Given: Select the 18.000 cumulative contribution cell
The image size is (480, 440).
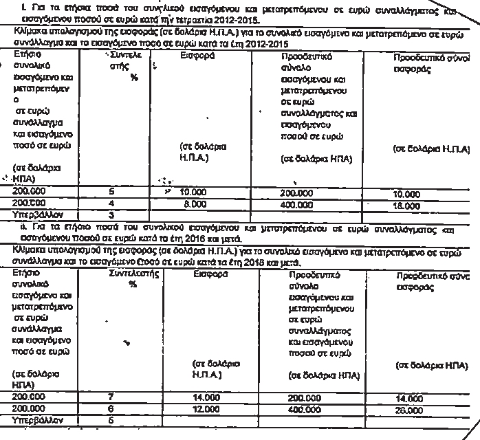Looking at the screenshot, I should click(x=406, y=205).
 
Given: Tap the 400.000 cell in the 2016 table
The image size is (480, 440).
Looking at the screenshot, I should click(x=304, y=408).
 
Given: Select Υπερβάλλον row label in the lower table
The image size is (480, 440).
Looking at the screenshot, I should click(x=39, y=418).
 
